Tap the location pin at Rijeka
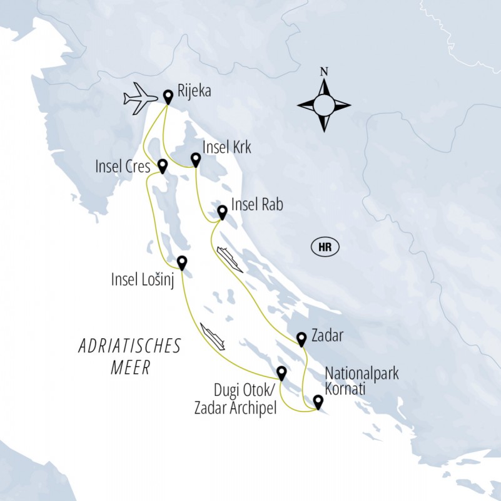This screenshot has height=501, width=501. point(168,96)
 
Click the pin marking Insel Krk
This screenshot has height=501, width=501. point(195,160)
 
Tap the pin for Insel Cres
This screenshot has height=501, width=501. point(163,165)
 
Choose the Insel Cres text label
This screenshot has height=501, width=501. point(123,167)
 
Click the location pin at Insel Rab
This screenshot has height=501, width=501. point(221,212)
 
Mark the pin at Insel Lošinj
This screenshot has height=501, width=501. point(182,262)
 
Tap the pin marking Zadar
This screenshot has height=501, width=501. point(301,338)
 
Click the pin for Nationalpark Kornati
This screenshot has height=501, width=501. point(318,401)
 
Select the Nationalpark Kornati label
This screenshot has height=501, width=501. point(361,380)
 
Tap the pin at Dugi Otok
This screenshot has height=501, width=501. point(281,373)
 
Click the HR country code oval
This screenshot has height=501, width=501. point(324,247)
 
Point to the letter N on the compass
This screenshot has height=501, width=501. point(323,71)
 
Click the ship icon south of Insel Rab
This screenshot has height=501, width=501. point(229,259)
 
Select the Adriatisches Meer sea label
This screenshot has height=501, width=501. point(129,356)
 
